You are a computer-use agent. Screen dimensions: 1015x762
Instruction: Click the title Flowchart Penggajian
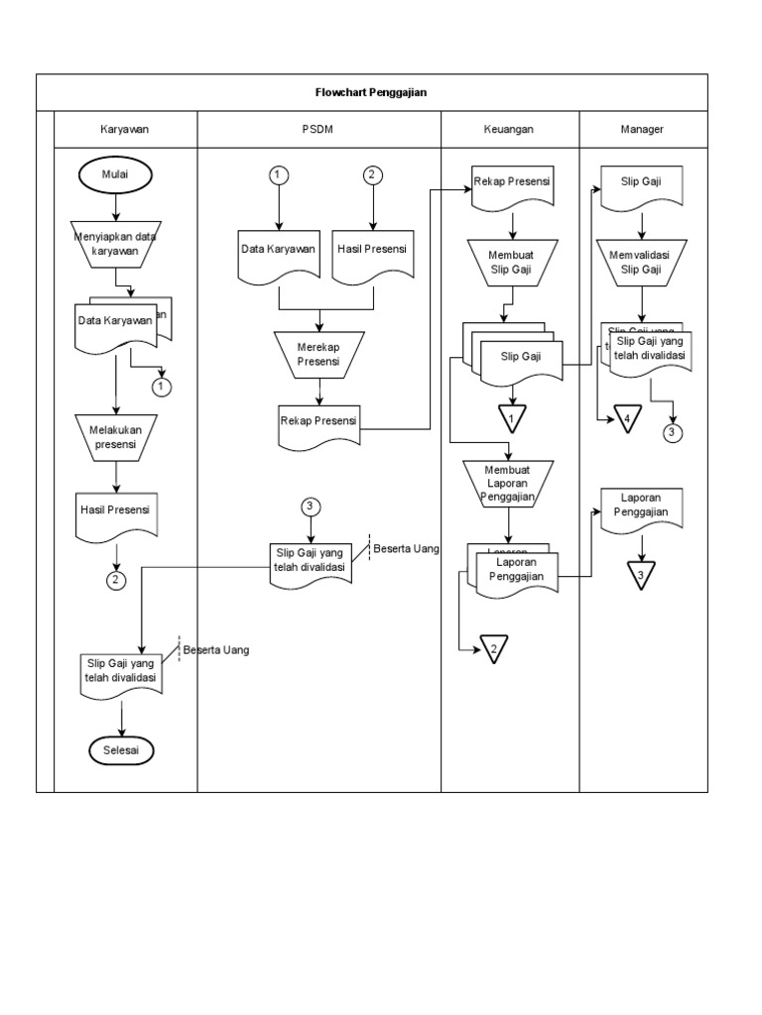click(371, 91)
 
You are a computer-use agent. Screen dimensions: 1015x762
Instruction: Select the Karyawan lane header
click(125, 129)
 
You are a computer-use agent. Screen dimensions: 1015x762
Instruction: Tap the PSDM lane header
click(318, 129)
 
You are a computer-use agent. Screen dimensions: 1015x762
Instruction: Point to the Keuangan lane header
click(509, 129)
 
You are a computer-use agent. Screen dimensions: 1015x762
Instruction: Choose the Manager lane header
click(642, 129)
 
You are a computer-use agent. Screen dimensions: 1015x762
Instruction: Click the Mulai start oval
click(116, 175)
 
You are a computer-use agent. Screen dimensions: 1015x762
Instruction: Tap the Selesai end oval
click(121, 751)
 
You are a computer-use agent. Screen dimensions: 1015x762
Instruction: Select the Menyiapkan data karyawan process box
click(116, 244)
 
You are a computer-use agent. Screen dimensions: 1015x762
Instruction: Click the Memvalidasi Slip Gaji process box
click(642, 262)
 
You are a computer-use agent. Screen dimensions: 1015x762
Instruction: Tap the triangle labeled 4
click(626, 419)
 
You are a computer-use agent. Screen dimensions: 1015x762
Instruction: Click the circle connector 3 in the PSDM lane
click(311, 507)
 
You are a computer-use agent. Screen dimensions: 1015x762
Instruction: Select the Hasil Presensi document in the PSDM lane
click(372, 253)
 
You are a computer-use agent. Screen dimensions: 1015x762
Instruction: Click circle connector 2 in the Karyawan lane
click(116, 581)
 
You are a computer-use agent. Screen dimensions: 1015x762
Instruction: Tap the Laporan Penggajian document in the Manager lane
click(642, 507)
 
